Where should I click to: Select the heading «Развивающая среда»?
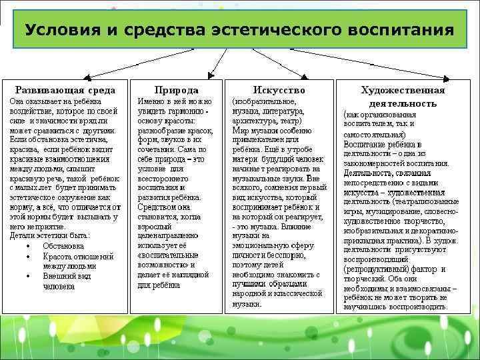coord(65,89)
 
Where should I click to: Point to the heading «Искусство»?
coord(279,89)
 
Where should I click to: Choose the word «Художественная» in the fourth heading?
coord(403,90)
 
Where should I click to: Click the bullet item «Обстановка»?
coord(64,246)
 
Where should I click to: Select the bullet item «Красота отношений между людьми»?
coord(78,261)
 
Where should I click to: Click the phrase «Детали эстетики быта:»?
coord(50,235)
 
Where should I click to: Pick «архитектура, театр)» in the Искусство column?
coord(267,121)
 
